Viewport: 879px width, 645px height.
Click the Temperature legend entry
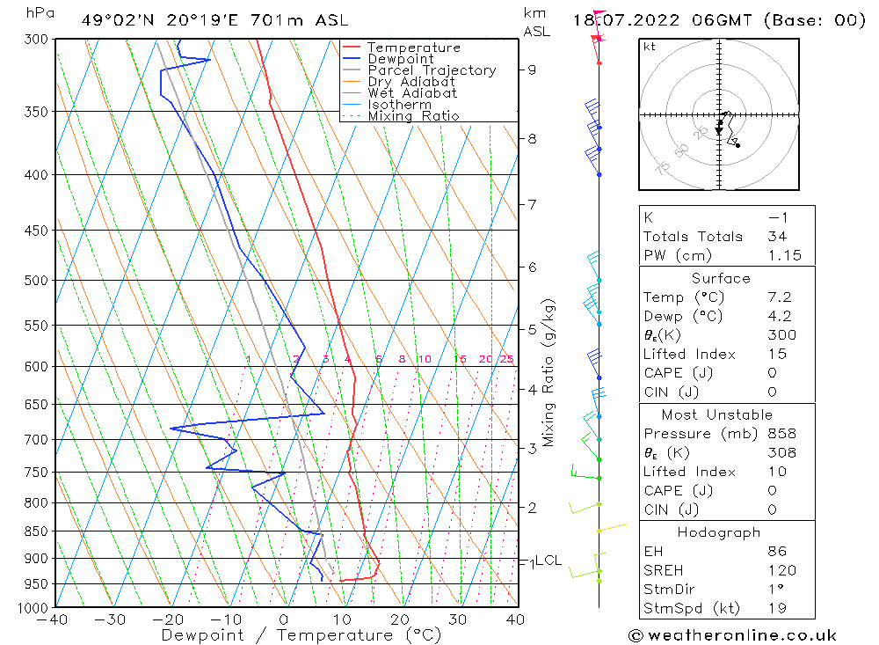click(413, 48)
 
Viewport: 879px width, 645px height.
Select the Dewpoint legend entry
click(400, 59)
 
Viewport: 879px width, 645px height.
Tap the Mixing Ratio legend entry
click(413, 116)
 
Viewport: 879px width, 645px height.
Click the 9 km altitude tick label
click(533, 70)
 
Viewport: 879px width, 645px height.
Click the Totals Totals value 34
click(776, 237)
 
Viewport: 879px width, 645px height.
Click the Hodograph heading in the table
click(719, 532)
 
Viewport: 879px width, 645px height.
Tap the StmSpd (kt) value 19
click(777, 608)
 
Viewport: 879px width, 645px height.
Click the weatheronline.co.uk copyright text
click(732, 634)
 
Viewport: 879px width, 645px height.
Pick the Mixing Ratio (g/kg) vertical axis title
click(548, 372)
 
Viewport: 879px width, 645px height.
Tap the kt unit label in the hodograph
click(650, 47)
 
